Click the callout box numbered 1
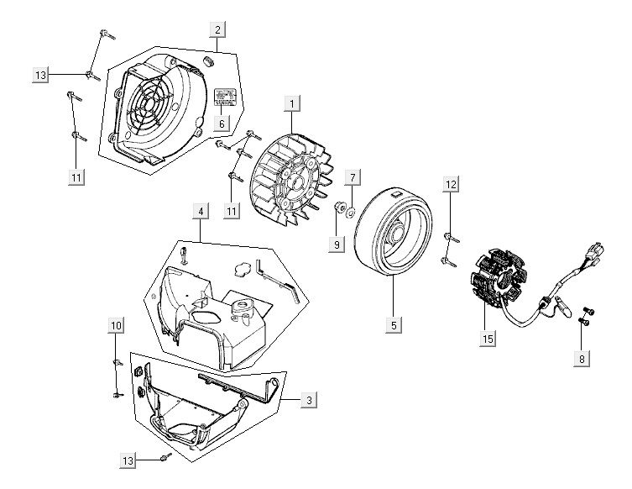pyautogui.click(x=292, y=104)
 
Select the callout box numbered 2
pyautogui.click(x=217, y=30)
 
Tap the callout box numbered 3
pyautogui.click(x=310, y=401)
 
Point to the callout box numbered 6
pyautogui.click(x=222, y=123)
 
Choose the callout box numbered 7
pyautogui.click(x=353, y=177)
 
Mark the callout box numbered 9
pyautogui.click(x=337, y=245)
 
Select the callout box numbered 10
pyautogui.click(x=116, y=325)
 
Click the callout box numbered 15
pyautogui.click(x=488, y=339)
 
